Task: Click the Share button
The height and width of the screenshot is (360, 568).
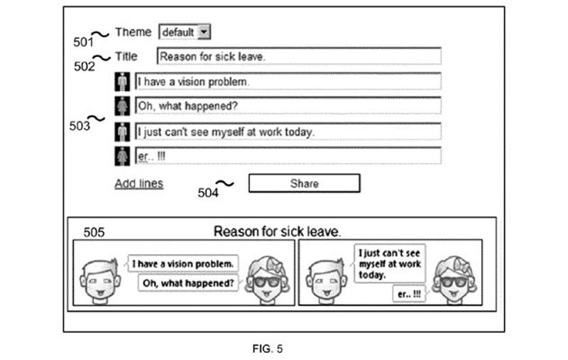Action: point(304,183)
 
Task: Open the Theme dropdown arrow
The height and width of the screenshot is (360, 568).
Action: point(204,32)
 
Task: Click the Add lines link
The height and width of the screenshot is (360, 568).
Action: point(139,184)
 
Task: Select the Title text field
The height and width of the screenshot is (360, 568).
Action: point(298,56)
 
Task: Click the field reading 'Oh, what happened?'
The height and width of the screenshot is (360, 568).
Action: point(288,107)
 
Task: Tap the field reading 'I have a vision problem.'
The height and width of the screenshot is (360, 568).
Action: point(288,82)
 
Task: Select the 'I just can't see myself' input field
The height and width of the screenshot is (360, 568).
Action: point(288,132)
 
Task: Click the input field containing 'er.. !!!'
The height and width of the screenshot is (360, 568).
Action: point(288,156)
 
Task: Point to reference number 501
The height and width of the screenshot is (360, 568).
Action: point(83,41)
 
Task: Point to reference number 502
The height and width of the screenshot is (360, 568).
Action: point(84,66)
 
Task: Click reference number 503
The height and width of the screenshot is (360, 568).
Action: point(80,126)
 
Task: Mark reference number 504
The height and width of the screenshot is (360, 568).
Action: point(208,192)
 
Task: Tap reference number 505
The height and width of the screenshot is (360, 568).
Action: point(94,232)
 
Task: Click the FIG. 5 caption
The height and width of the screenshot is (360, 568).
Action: point(268,349)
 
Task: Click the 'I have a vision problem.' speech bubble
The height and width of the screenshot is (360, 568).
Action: point(183,264)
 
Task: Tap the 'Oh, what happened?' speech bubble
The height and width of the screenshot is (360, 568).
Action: point(189,283)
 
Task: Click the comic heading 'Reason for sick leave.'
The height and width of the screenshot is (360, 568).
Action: point(277,231)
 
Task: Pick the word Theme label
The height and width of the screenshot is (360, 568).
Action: point(133,32)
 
